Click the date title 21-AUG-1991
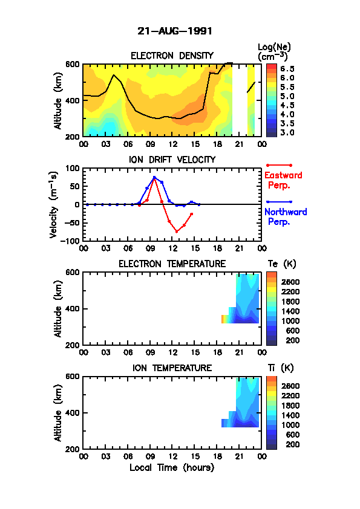pos(175,31)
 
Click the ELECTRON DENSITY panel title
pos(172,56)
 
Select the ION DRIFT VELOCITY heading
pos(172,160)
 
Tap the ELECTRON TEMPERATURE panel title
pos(172,264)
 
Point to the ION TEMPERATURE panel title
pos(172,368)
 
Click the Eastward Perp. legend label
pos(283,181)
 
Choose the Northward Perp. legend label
pos(286,217)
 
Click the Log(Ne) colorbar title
pos(274,52)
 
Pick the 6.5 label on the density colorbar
pos(287,69)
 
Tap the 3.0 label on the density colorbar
pos(287,132)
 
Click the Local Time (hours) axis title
pos(172,468)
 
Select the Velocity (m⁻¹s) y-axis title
pos(54,204)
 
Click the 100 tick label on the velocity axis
pos(73,168)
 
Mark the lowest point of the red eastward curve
pos(177,232)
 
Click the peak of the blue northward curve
pos(154,178)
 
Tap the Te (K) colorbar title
pos(282,264)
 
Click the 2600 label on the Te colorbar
pos(290,282)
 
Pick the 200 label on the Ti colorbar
pos(293,444)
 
